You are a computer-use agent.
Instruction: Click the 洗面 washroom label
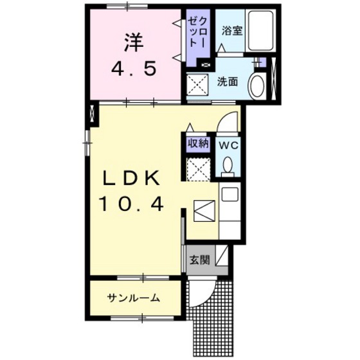227,82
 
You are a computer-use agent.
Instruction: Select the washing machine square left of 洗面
198,84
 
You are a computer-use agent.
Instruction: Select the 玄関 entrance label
198,260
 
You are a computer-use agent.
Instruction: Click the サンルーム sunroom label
134,298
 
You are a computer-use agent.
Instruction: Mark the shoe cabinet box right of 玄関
221,257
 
